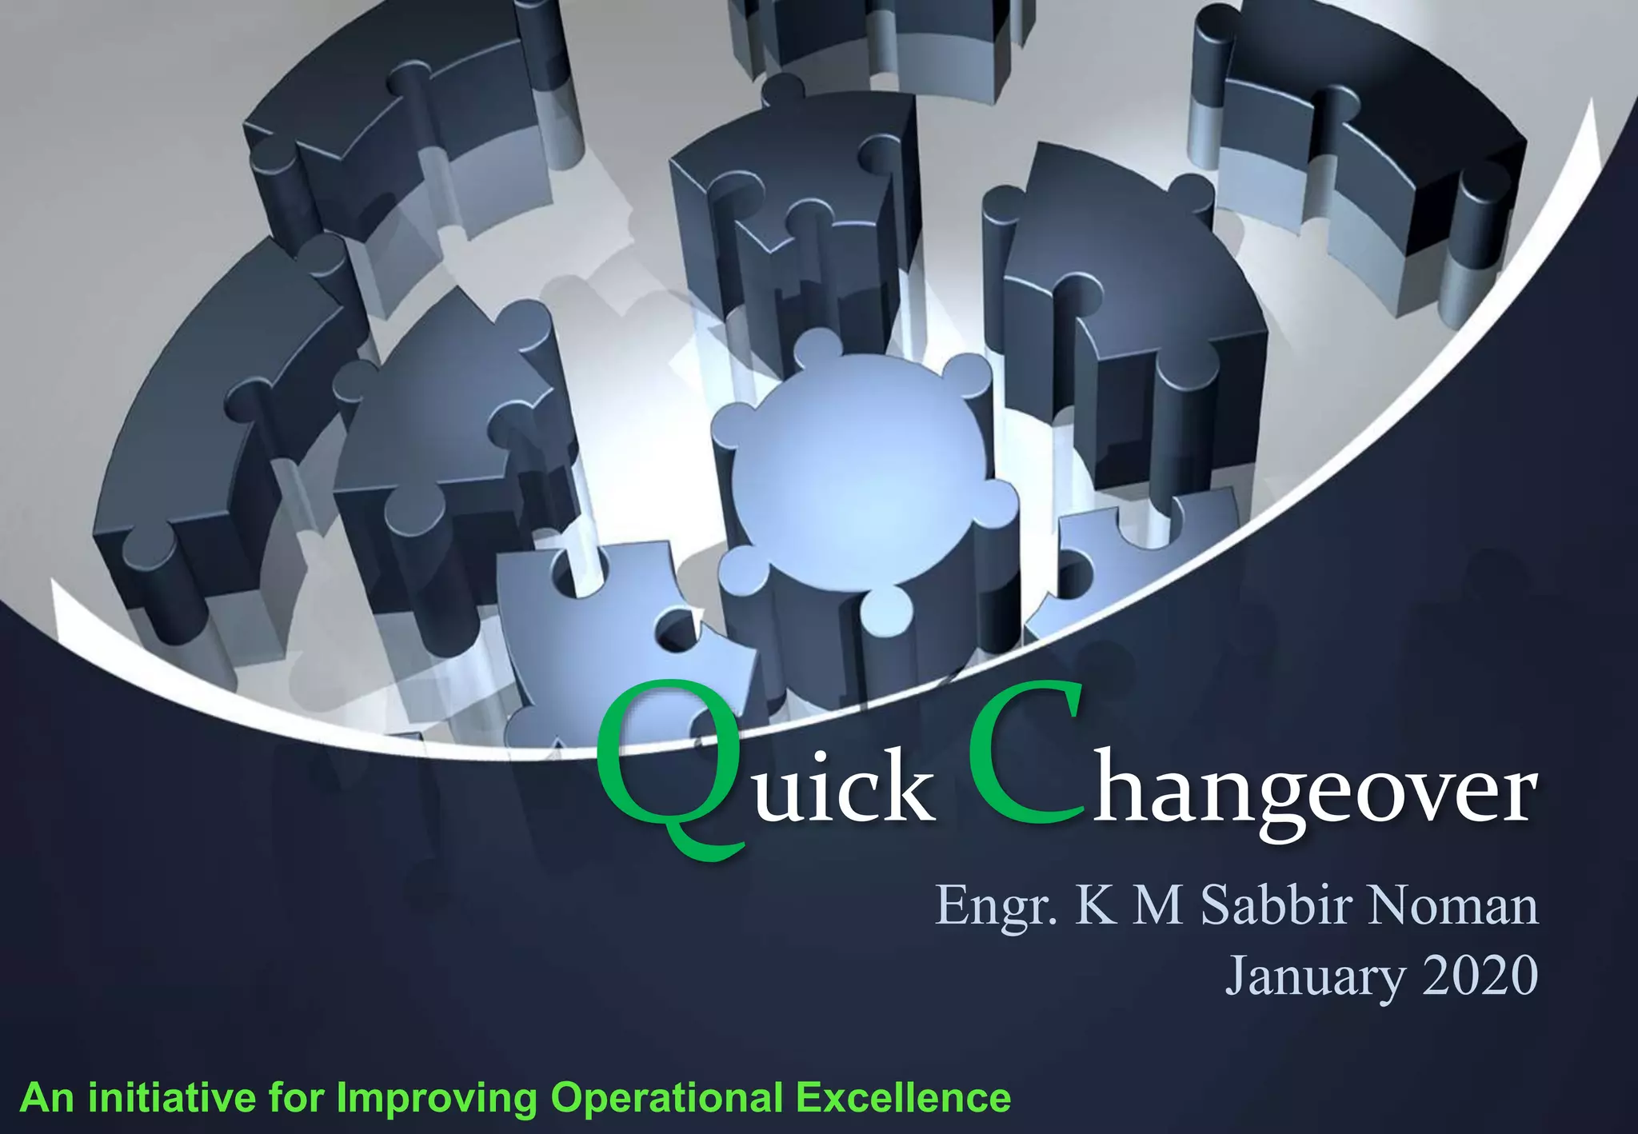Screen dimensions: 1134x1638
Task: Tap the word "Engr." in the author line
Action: click(x=995, y=906)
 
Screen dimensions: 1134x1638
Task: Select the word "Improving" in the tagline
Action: click(x=437, y=1097)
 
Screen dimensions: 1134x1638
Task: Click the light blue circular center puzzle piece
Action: click(x=856, y=464)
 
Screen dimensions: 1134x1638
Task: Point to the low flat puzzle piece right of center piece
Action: click(x=1136, y=560)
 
